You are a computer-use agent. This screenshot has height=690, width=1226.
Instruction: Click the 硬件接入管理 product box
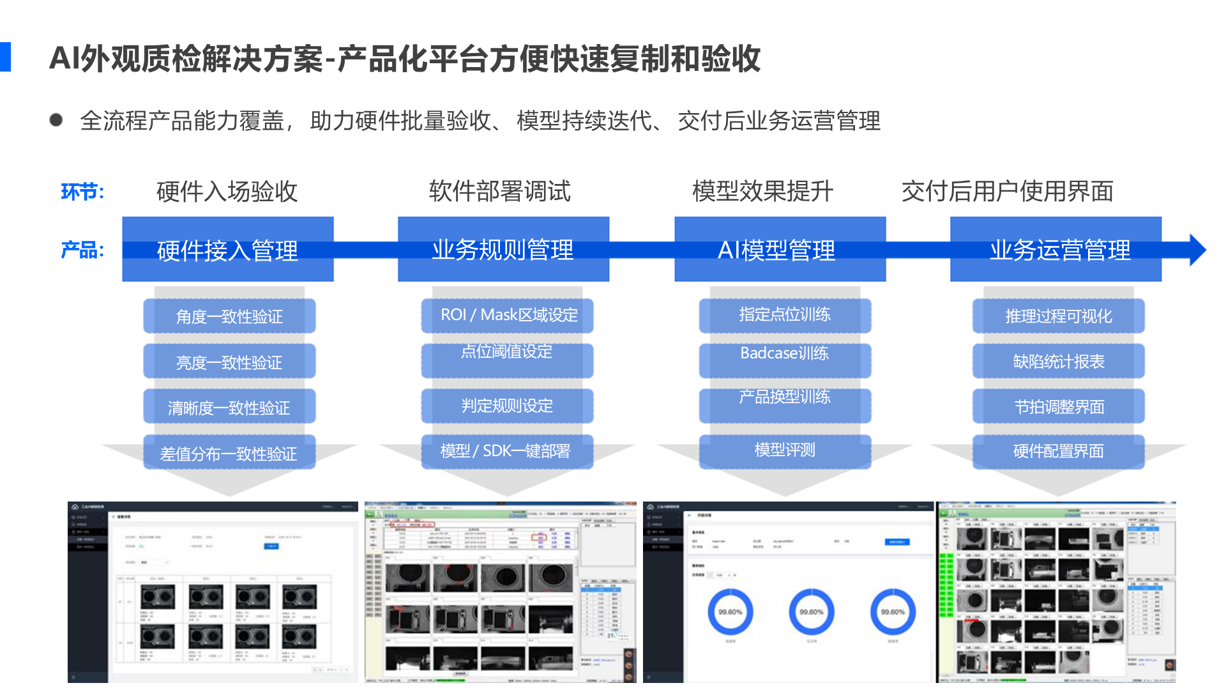[228, 250]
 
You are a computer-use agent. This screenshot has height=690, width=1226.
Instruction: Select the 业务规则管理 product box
[503, 250]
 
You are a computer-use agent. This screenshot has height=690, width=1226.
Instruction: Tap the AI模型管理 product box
[780, 250]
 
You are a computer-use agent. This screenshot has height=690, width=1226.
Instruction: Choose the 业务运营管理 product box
[1056, 250]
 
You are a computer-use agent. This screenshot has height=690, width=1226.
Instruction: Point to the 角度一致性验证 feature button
[229, 316]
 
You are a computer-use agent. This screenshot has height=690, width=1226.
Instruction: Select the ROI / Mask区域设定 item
[508, 316]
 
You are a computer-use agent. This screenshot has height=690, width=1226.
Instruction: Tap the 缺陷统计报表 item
[1058, 362]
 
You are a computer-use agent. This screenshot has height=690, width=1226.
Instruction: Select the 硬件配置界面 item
[1058, 451]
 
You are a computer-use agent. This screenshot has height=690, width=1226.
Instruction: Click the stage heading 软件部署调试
[499, 191]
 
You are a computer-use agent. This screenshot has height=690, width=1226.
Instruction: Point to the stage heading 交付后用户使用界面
[1007, 191]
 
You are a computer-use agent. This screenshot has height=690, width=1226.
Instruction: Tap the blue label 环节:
[82, 192]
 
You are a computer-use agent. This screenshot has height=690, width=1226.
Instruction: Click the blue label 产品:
[82, 250]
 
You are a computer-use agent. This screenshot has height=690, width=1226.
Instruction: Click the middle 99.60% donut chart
[811, 611]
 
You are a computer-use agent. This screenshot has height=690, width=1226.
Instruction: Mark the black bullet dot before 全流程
[56, 120]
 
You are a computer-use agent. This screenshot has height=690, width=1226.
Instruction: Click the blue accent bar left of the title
[5, 57]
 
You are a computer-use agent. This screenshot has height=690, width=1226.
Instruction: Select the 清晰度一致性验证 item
[229, 407]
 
